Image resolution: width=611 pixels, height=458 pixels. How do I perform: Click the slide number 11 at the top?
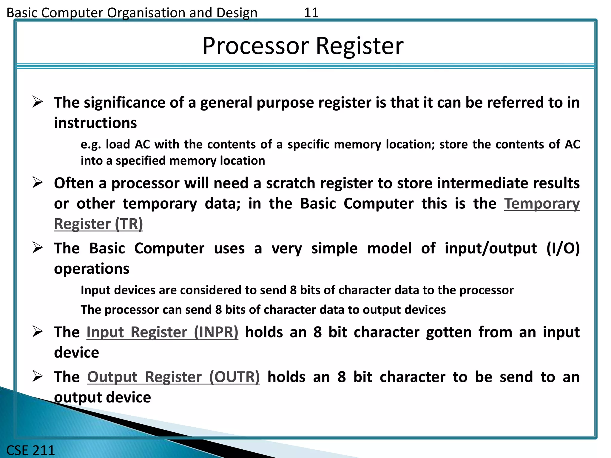pos(311,13)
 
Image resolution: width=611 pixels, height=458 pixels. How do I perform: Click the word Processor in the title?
pos(256,46)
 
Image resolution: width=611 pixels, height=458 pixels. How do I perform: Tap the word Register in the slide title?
pos(359,46)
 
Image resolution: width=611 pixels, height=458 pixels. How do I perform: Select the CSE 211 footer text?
pos(30,450)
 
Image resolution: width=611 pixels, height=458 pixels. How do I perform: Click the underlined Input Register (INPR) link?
pos(162,332)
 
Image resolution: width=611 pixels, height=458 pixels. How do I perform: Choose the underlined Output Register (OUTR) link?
pos(173,377)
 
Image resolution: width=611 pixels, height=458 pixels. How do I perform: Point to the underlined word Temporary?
pos(542,204)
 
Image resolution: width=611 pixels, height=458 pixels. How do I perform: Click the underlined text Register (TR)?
pos(98,224)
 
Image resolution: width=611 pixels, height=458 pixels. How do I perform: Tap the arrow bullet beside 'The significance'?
pos(38,102)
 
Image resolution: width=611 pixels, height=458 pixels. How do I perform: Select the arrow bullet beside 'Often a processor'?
pos(38,182)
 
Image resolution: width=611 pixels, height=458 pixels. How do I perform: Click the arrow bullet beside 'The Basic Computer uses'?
pos(38,248)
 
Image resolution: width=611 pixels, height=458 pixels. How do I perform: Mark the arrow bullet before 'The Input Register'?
pos(38,332)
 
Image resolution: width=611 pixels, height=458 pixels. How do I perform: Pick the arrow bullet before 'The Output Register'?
pos(38,376)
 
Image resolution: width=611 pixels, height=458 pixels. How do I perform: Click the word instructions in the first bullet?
pos(95,123)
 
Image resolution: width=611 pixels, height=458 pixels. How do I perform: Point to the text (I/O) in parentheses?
pos(563,248)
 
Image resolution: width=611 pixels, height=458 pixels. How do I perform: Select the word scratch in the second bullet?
pos(290,183)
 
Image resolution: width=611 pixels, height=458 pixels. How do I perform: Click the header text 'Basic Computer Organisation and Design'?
pos(132,13)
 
